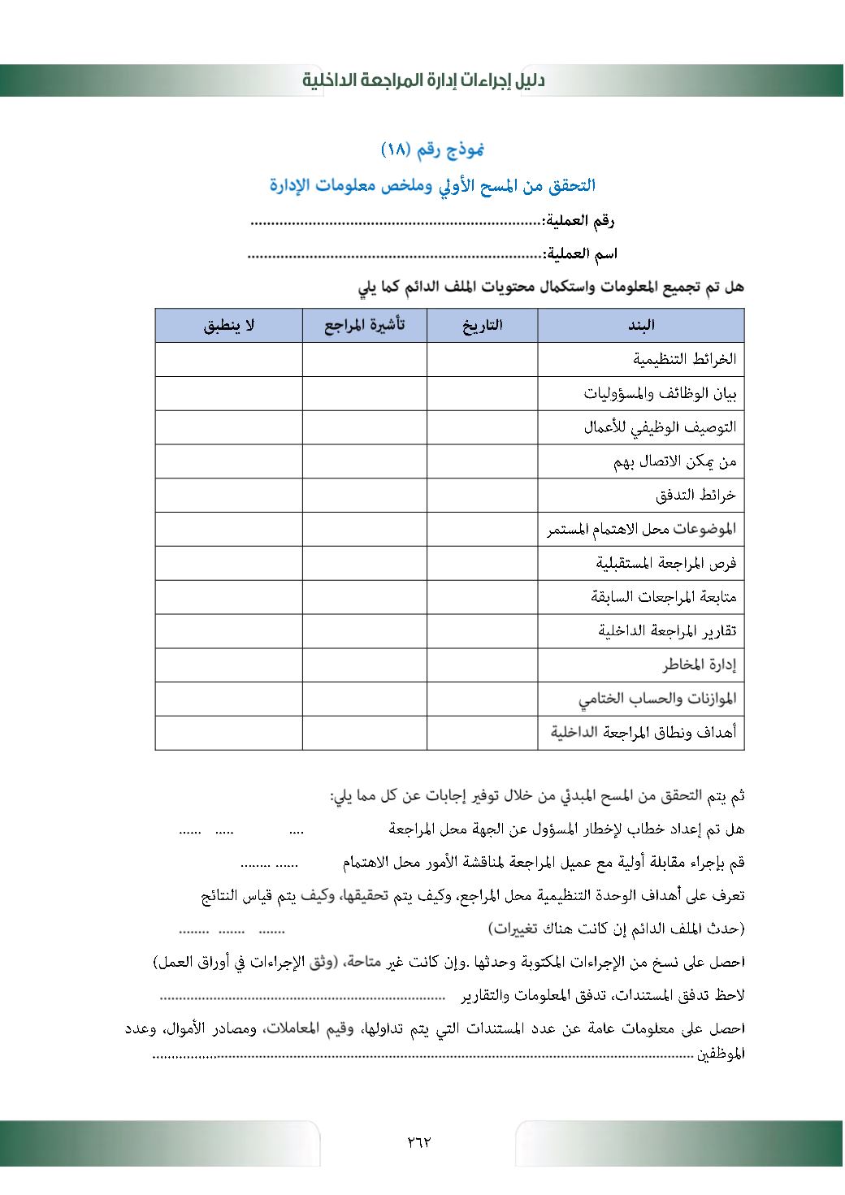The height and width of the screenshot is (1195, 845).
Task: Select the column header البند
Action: [640, 326]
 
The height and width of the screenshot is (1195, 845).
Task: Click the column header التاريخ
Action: [482, 326]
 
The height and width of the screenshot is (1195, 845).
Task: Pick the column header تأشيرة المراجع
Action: [364, 326]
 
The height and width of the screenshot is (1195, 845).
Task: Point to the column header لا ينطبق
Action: [228, 326]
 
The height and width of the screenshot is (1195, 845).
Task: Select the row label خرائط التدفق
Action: [695, 495]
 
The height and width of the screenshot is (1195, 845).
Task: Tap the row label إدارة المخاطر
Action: [699, 665]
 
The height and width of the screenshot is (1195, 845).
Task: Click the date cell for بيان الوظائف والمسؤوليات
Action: [482, 393]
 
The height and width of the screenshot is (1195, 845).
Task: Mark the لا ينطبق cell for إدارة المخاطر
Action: [228, 665]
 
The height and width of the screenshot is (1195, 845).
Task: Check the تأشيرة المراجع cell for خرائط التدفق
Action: [364, 495]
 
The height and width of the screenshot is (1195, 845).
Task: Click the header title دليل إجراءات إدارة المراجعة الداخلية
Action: [423, 80]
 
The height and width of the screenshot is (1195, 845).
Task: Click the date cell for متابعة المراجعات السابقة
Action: [482, 597]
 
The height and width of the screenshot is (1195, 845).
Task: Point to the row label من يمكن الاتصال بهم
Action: [674, 461]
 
